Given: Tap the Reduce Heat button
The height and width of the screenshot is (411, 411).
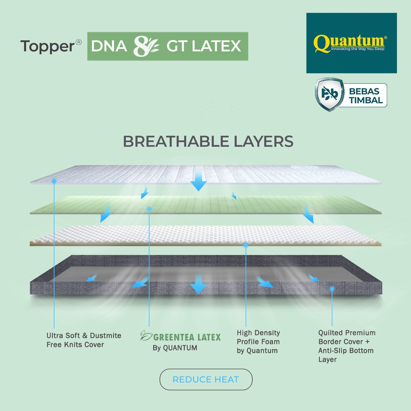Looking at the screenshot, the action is (x=206, y=379).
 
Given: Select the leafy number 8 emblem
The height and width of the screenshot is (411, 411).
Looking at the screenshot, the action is (x=146, y=46).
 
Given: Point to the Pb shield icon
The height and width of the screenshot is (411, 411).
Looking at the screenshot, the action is (x=330, y=94).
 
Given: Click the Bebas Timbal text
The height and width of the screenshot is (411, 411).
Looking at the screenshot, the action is (x=366, y=96).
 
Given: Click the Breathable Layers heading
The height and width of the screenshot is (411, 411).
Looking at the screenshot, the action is (x=208, y=142).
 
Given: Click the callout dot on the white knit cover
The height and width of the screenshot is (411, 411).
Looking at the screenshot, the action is (x=54, y=181).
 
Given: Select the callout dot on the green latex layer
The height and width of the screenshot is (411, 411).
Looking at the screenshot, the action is (x=149, y=209).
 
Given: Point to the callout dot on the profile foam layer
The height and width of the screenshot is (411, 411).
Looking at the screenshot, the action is (x=246, y=245).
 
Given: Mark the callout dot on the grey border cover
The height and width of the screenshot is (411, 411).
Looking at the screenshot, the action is (x=332, y=289).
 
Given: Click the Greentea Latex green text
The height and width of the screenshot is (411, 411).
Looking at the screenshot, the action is (x=187, y=337).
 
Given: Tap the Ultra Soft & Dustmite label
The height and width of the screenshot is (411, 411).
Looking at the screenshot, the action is (x=84, y=340).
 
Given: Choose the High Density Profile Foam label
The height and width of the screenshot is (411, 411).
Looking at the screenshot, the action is (x=258, y=342).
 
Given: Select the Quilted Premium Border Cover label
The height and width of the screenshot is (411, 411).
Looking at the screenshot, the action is (x=347, y=346).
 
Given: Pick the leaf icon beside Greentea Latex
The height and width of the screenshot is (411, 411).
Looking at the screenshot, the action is (x=146, y=336).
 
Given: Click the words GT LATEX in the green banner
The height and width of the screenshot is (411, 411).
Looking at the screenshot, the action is (x=203, y=46).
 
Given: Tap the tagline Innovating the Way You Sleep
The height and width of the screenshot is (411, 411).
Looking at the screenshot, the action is (x=358, y=49).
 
